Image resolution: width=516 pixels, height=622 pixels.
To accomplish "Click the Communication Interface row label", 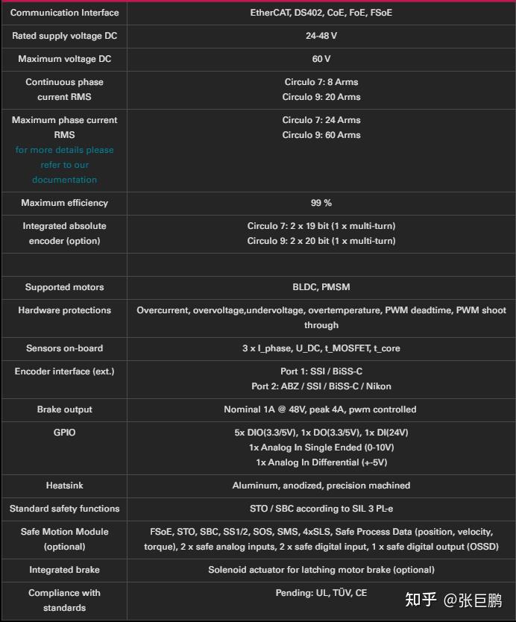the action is click(x=64, y=13).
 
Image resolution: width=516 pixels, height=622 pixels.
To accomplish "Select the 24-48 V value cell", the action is click(x=321, y=36).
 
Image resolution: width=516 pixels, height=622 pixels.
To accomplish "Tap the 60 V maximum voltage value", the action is click(x=321, y=59).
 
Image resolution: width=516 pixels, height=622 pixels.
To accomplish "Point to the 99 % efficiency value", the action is click(x=321, y=203).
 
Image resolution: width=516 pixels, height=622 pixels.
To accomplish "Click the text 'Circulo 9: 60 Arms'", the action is click(x=321, y=135).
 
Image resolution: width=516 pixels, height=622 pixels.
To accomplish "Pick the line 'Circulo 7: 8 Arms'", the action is click(x=321, y=82).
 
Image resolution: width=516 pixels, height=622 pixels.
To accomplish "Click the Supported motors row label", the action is click(x=64, y=287).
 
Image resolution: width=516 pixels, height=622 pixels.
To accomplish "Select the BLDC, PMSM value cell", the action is click(x=321, y=287).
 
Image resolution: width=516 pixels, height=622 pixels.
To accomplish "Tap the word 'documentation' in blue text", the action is click(x=64, y=180).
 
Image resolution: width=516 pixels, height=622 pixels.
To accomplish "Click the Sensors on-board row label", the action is click(x=64, y=348).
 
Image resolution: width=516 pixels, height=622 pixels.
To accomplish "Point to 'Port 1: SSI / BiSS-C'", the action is click(x=321, y=371).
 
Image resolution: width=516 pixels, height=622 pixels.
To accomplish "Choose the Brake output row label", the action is click(x=64, y=409).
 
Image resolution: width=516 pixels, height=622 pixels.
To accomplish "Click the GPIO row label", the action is click(x=64, y=433).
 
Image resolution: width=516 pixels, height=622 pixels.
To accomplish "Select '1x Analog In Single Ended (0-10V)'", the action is click(x=321, y=447).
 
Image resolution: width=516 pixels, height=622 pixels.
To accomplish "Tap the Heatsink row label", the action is click(x=64, y=486).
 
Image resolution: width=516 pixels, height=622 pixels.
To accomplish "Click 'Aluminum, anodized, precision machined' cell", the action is click(x=321, y=486).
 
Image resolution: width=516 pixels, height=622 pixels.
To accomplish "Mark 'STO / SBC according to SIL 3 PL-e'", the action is click(x=321, y=509).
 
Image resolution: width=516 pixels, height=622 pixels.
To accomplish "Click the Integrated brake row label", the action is click(x=64, y=570).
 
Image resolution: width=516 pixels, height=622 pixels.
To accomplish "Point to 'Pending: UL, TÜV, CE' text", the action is click(x=321, y=593).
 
